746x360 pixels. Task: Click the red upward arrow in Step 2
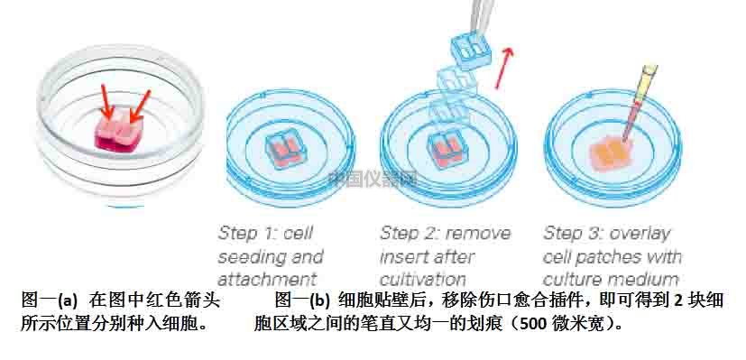pyautogui.click(x=509, y=64)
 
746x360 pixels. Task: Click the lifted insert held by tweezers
pyautogui.click(x=472, y=51)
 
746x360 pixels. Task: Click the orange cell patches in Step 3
pyautogui.click(x=613, y=154)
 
